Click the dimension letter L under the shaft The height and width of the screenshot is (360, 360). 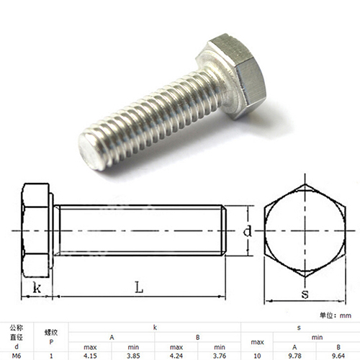click(x=139, y=287)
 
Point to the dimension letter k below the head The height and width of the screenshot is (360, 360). click(x=37, y=287)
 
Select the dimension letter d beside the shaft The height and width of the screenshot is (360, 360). click(x=248, y=231)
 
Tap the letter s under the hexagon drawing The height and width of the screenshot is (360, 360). click(x=305, y=294)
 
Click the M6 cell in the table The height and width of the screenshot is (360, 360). click(x=17, y=356)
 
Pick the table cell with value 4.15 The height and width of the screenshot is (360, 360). click(x=90, y=356)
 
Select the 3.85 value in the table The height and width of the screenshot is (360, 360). click(x=133, y=356)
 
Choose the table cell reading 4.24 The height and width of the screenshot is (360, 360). click(x=176, y=356)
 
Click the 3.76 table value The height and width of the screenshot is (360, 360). click(x=220, y=356)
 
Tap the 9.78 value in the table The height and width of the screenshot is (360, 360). click(x=294, y=356)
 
